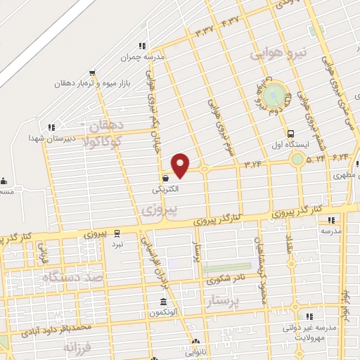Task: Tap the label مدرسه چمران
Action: [150, 56]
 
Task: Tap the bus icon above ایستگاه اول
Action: [290, 134]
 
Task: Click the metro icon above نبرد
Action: [117, 233]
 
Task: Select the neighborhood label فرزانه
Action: [77, 347]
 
